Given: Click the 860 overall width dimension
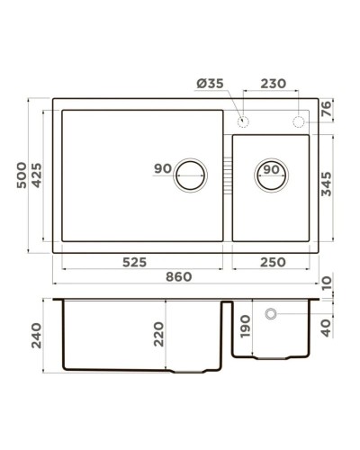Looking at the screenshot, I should [x=178, y=276].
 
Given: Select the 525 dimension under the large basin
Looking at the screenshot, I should [x=135, y=262].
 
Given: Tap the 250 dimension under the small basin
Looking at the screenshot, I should [x=273, y=262].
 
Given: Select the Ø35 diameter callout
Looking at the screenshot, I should [x=209, y=84].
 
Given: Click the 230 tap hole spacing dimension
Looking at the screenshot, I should [x=271, y=84].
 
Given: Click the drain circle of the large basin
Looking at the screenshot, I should [x=190, y=174].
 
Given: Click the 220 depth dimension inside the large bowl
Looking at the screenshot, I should [x=159, y=334].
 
